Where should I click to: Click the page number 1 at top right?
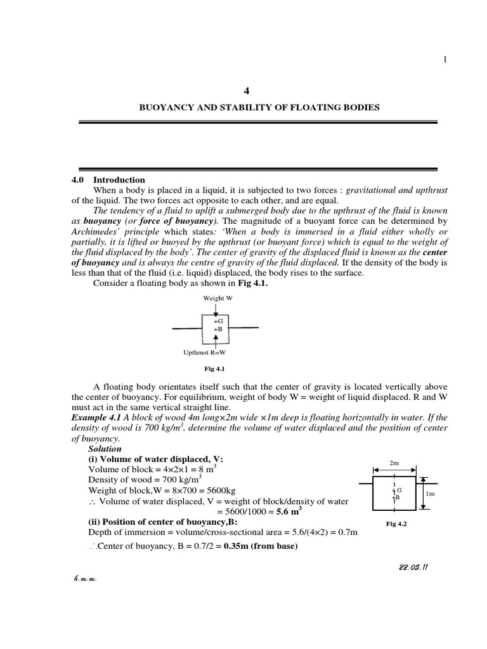point(445,60)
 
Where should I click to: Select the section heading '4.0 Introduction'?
point(108,180)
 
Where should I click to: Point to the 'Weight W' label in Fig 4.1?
point(216,297)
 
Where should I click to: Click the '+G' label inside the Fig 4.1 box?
point(218,321)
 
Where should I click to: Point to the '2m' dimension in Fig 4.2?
point(393,462)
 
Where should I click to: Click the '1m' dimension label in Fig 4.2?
point(430,493)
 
